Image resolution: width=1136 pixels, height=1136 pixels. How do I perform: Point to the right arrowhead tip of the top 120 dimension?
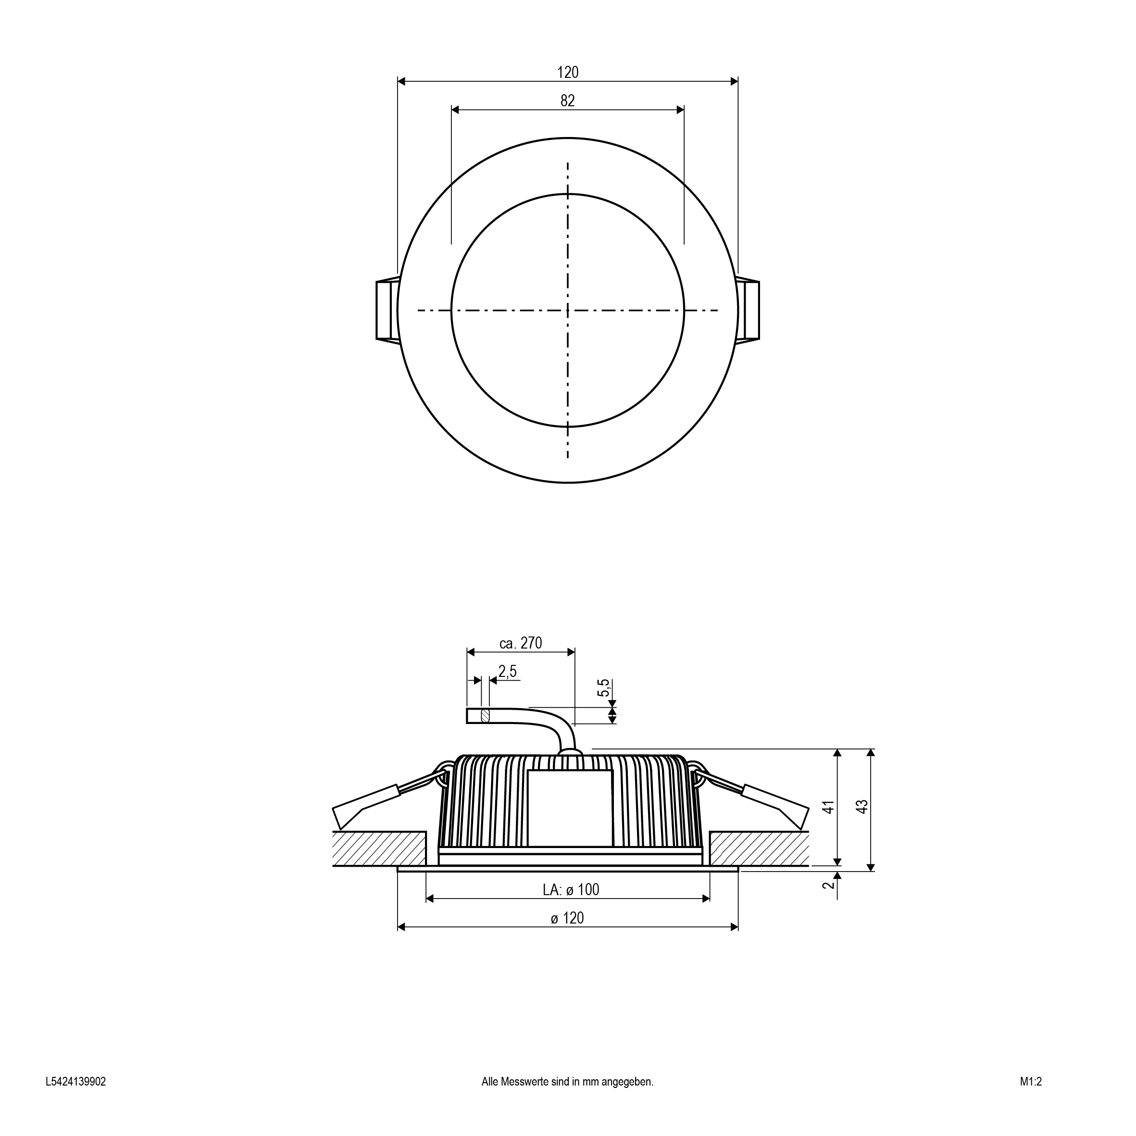[738, 82]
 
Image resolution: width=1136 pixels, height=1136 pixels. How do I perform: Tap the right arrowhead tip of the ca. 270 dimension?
[575, 651]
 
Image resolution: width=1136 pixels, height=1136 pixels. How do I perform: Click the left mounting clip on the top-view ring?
[387, 310]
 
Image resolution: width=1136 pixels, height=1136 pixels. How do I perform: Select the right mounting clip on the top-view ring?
[748, 310]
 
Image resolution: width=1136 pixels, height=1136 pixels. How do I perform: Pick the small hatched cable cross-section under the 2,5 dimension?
[485, 715]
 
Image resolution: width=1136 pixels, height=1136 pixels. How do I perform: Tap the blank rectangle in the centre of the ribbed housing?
[570, 809]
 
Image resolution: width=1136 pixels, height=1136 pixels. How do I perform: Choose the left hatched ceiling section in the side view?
[379, 849]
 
